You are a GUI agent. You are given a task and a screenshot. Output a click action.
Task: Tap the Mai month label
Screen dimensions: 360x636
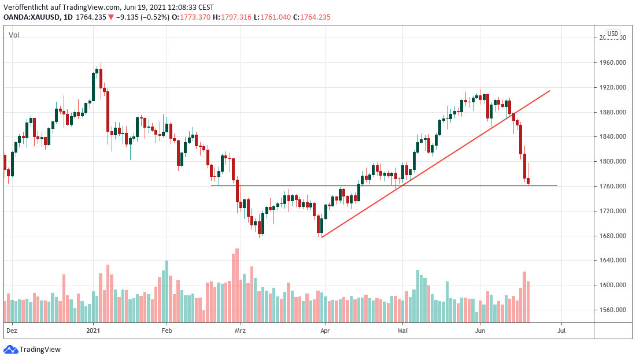(x=403, y=331)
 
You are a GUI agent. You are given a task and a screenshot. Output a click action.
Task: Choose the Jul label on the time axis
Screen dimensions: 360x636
(x=560, y=331)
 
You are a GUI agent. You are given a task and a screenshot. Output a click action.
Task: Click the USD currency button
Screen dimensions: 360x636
(x=612, y=34)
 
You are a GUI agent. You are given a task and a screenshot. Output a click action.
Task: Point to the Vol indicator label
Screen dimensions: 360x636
(x=14, y=35)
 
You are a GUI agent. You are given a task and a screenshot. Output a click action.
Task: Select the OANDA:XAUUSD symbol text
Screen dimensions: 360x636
(x=32, y=17)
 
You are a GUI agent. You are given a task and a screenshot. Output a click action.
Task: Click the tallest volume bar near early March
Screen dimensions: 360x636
(x=237, y=285)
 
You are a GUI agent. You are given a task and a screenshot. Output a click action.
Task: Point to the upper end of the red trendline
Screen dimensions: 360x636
(x=549, y=91)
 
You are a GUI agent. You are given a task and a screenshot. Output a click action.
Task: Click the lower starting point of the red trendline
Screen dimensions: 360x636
(x=322, y=237)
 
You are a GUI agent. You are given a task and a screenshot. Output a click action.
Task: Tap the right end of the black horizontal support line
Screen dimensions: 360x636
(x=557, y=185)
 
